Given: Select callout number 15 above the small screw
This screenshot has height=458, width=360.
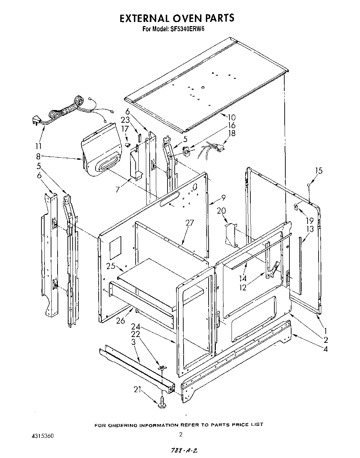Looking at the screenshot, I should [x=319, y=171].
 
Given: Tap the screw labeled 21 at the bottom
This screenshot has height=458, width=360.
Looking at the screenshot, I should [x=162, y=405].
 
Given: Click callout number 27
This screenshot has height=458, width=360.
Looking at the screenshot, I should [x=189, y=223].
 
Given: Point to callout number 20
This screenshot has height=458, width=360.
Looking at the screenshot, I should [x=222, y=211].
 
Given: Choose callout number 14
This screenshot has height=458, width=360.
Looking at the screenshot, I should [x=243, y=279].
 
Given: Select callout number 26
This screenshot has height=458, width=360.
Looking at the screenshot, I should [x=121, y=321].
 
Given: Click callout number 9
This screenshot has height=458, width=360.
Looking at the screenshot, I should [x=223, y=198].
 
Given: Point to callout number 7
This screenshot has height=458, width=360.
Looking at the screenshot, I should [x=117, y=189].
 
